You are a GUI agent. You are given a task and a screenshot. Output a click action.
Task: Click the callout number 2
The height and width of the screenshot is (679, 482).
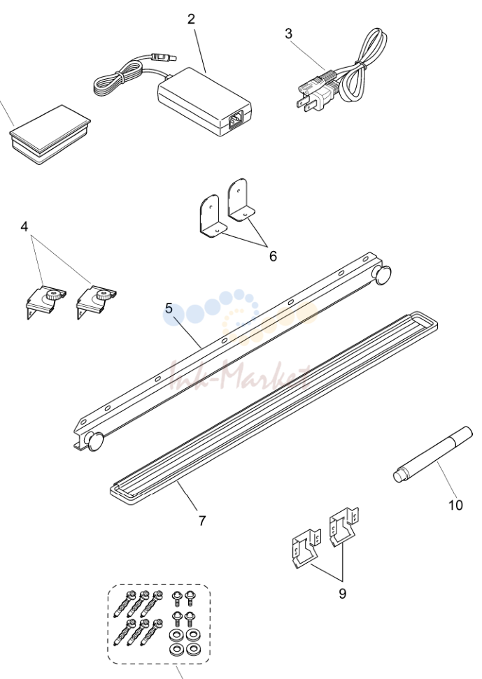[191, 19]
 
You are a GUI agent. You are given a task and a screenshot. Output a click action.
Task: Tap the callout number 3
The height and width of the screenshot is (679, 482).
[289, 34]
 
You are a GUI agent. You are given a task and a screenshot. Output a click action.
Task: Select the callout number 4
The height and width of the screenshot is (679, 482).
[24, 226]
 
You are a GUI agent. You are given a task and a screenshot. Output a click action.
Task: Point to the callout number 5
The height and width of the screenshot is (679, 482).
[169, 309]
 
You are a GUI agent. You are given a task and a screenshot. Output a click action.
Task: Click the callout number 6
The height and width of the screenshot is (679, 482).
[273, 257]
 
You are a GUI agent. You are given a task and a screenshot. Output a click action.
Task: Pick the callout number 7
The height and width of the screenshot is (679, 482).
[202, 520]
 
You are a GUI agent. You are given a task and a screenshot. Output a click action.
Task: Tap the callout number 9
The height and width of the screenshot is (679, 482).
[343, 594]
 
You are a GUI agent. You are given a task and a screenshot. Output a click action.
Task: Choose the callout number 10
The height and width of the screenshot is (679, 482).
[455, 505]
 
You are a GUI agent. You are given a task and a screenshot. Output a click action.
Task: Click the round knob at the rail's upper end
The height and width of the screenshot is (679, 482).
[383, 276]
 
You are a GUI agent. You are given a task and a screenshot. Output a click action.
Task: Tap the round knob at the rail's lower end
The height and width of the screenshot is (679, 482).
[95, 441]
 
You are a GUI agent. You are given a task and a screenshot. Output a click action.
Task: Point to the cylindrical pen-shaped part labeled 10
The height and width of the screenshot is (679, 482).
[432, 455]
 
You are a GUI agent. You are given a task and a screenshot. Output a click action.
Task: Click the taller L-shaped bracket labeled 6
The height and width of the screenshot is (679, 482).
[239, 199]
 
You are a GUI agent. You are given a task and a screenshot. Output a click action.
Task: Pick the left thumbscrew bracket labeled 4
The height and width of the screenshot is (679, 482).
[45, 301]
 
